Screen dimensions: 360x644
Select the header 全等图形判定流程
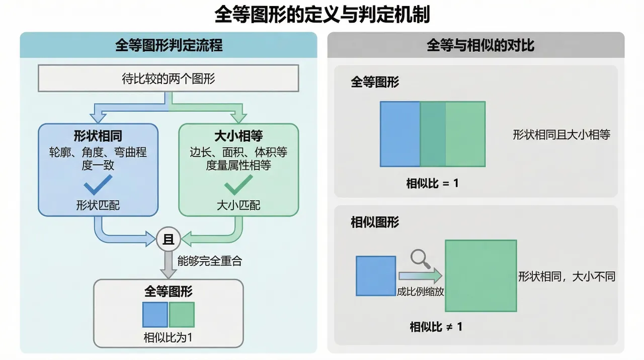click(x=169, y=46)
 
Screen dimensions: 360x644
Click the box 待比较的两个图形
click(x=169, y=79)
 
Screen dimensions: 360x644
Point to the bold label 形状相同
click(x=98, y=136)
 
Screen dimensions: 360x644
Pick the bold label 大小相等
click(x=238, y=136)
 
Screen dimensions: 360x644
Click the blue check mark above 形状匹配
click(x=98, y=186)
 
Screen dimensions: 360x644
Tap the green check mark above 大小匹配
click(x=238, y=186)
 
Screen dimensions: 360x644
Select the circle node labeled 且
click(x=169, y=240)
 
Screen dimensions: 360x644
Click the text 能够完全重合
click(x=209, y=261)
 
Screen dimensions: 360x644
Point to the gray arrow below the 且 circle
click(x=169, y=265)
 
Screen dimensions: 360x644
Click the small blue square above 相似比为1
click(x=155, y=315)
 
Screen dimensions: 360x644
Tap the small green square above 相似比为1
click(x=182, y=315)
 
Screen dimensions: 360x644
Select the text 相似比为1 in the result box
click(x=168, y=337)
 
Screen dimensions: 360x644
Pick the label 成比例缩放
click(x=420, y=292)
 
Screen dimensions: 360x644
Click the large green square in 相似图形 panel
click(x=480, y=275)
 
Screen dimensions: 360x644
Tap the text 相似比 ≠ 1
click(x=436, y=327)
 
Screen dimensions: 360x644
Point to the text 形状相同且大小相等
click(x=561, y=134)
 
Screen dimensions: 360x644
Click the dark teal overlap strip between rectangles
click(x=433, y=134)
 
